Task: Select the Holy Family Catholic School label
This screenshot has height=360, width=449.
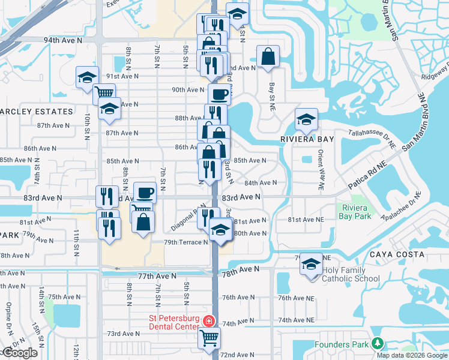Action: point(351,274)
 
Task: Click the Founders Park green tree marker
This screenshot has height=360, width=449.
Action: point(377,344)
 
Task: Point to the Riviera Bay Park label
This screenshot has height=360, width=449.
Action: point(355,212)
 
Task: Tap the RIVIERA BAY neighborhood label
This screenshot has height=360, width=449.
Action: point(307,139)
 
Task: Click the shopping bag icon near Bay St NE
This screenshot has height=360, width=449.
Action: point(268,58)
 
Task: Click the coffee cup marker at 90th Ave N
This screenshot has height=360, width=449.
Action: point(219,94)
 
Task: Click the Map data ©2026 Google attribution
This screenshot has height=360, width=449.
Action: point(412,355)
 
